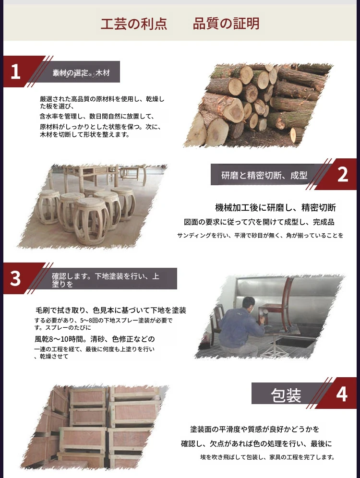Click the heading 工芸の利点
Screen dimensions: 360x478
(x=134, y=24)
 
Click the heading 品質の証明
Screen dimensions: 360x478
(x=226, y=24)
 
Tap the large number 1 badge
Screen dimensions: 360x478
(x=15, y=72)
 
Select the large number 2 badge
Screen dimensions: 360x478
(x=343, y=175)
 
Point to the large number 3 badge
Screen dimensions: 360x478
(x=15, y=279)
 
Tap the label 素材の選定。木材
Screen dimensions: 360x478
(x=81, y=73)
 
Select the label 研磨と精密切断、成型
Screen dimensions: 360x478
(x=264, y=175)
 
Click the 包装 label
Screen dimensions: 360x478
(x=286, y=395)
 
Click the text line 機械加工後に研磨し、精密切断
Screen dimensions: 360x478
(x=275, y=208)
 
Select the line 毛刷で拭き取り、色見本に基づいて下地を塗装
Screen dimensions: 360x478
(x=111, y=311)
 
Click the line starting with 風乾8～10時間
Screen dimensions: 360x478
(x=95, y=339)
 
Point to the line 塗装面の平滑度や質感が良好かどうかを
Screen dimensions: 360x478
(x=254, y=429)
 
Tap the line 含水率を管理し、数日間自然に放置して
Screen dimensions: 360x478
(x=97, y=116)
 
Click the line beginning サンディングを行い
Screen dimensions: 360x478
(x=260, y=235)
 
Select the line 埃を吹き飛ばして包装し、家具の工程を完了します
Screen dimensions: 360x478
(x=267, y=457)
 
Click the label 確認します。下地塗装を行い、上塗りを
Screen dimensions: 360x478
(x=106, y=280)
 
